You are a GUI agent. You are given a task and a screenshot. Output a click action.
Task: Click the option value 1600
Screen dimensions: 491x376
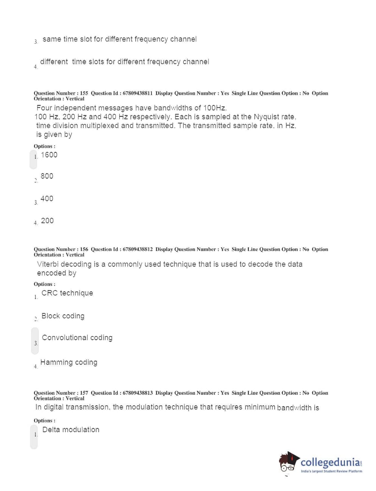tap(49, 155)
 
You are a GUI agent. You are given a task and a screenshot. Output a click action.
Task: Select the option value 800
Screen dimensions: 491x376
tap(47, 176)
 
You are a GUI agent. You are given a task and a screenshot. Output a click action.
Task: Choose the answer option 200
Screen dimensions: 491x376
tap(47, 221)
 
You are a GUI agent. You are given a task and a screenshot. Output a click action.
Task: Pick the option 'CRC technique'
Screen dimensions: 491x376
tap(67, 293)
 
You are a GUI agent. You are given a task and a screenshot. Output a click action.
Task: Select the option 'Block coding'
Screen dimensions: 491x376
tap(63, 316)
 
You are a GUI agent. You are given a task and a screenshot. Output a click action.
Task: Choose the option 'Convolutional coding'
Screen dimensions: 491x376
tap(77, 338)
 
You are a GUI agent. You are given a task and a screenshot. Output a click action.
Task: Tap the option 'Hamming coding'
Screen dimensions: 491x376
tap(69, 363)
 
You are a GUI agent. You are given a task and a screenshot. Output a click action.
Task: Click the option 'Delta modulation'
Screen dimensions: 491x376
tap(71, 430)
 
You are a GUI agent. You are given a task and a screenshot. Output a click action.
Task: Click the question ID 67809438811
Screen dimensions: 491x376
tap(137, 93)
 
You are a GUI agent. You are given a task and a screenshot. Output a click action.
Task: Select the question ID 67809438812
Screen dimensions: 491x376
tap(137, 249)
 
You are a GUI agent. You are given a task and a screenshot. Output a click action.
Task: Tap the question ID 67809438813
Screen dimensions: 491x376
tap(137, 393)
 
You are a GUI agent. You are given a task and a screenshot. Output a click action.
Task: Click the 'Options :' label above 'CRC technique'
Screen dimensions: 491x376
tap(44, 284)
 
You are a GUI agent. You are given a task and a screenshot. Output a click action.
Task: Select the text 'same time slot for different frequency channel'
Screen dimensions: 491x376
tap(120, 39)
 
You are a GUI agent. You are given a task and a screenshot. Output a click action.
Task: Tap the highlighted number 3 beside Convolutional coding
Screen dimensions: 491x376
tap(36, 343)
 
